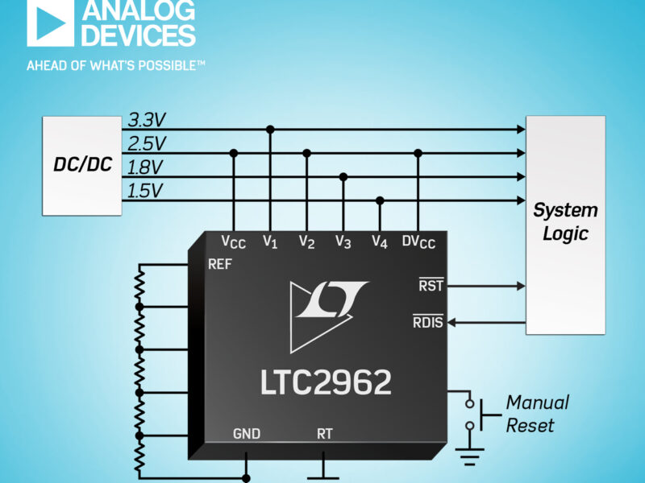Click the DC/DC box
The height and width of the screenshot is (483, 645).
82,165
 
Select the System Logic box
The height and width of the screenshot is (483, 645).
565,224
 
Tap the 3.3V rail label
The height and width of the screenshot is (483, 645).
147,121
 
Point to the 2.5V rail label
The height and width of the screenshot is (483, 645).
147,144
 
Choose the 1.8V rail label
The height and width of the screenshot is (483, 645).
146,167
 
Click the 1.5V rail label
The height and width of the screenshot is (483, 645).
145,191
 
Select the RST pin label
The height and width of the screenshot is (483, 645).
431,285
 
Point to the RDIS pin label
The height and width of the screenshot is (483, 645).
427,324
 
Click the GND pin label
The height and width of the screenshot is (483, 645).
246,434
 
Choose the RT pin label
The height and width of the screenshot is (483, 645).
324,434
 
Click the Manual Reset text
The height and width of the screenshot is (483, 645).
537,413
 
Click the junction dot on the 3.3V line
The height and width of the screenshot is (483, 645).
270,129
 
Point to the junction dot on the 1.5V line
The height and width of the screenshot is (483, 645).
381,200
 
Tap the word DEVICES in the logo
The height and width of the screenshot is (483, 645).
138,35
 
